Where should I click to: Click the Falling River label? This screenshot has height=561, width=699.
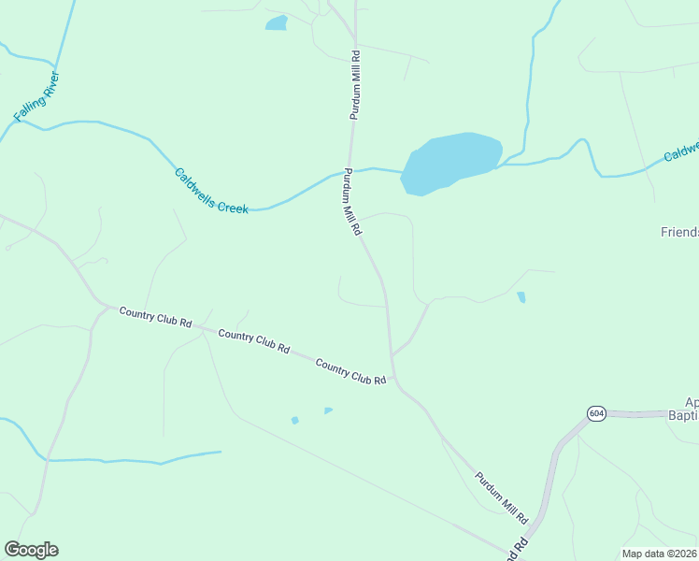tap(37, 96)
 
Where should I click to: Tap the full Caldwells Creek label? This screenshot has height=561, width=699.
tap(211, 191)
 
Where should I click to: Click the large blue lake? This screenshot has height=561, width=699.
tap(451, 162)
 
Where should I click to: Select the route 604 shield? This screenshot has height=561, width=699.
tap(596, 412)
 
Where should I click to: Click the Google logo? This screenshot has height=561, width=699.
tap(31, 550)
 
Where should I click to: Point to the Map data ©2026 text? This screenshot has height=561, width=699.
tap(659, 554)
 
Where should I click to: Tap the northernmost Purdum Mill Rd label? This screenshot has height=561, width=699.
tap(355, 86)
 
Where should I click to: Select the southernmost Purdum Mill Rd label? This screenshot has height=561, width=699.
tap(502, 497)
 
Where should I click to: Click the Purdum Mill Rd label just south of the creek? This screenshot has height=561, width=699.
tap(351, 202)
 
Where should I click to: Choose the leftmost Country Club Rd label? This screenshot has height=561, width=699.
tap(155, 317)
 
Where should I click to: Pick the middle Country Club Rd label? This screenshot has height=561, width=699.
tap(253, 341)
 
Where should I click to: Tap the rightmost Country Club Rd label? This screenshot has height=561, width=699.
tap(350, 371)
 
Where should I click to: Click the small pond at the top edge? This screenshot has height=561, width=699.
tap(277, 22)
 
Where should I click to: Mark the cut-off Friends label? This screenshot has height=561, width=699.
tap(678, 231)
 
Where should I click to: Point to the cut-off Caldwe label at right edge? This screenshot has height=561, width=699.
tap(681, 151)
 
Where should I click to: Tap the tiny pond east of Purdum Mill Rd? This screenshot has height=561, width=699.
tap(521, 297)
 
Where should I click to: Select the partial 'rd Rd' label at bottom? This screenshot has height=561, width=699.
tap(516, 546)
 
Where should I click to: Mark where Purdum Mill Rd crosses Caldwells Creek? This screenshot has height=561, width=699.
tap(350, 171)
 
